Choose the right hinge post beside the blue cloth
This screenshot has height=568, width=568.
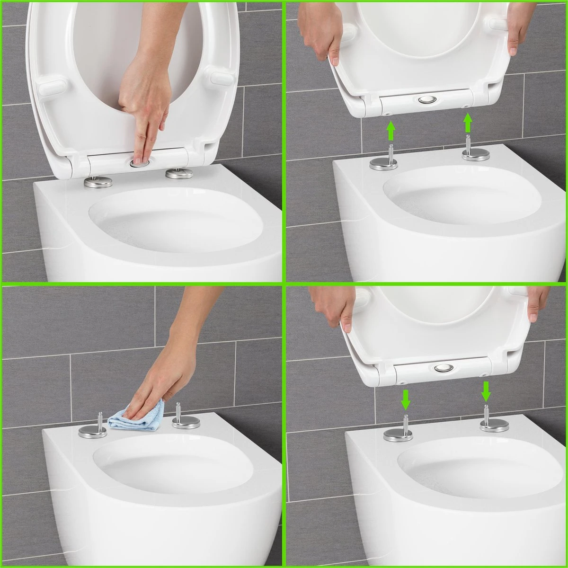[179, 412]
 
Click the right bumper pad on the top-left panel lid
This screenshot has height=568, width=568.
[222, 77]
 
